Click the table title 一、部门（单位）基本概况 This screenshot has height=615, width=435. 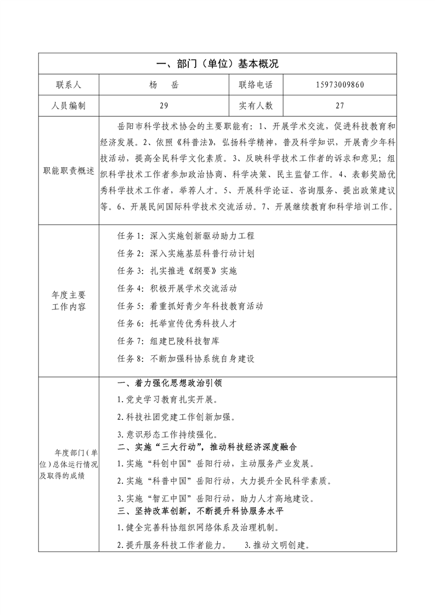(x=217, y=64)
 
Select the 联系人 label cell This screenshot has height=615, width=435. (x=69, y=85)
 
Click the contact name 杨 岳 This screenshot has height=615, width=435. (x=164, y=85)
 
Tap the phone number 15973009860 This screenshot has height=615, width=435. (x=340, y=85)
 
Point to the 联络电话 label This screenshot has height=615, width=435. (x=256, y=85)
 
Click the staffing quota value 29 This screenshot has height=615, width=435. (x=164, y=106)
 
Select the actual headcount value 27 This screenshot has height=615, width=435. (x=340, y=106)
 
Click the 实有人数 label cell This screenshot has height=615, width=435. (x=256, y=106)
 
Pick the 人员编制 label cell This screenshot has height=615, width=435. (x=69, y=106)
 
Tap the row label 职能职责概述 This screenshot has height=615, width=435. (x=69, y=170)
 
